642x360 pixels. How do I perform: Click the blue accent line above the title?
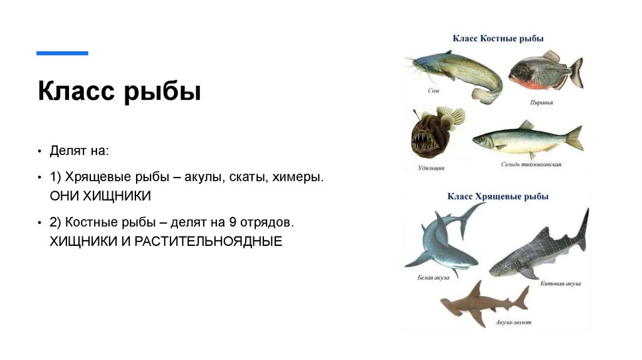[62, 53]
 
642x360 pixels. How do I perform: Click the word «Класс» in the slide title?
[74, 92]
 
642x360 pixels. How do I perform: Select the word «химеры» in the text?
[298, 177]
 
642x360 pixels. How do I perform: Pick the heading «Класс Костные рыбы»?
[495, 39]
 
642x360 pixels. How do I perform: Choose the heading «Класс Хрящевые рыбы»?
[498, 196]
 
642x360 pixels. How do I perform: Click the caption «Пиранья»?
[540, 100]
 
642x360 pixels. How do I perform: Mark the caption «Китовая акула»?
[560, 283]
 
